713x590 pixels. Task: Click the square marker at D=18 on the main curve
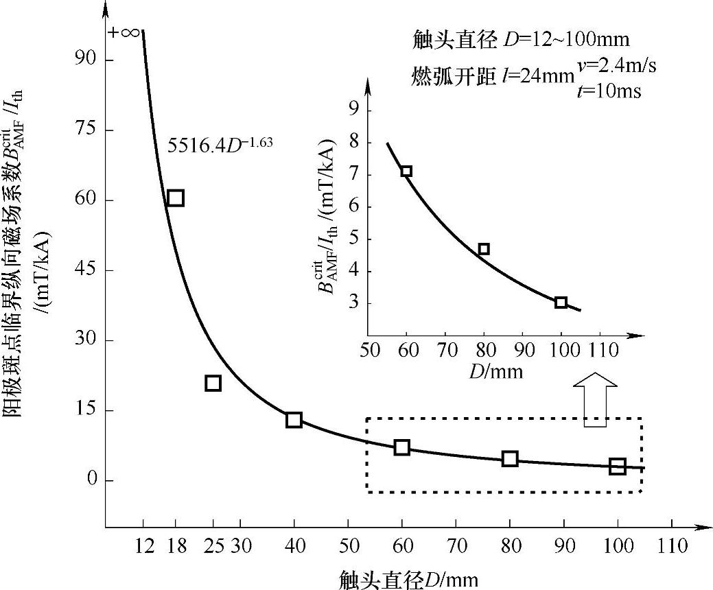click(175, 198)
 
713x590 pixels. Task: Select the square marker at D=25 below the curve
click(213, 383)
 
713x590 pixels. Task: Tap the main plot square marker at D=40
click(294, 420)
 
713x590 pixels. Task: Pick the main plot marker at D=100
click(618, 467)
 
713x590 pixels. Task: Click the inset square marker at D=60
click(406, 171)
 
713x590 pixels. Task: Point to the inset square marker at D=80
click(484, 249)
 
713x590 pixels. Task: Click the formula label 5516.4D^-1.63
click(221, 145)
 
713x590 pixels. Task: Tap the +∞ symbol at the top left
click(124, 33)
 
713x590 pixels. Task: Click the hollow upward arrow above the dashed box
click(595, 401)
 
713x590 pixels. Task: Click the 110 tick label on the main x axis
click(672, 546)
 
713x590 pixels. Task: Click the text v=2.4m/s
click(616, 67)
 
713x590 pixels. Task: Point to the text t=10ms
click(609, 91)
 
